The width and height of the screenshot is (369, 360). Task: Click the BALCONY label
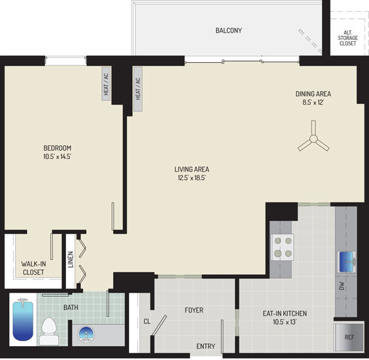(x=228, y=31)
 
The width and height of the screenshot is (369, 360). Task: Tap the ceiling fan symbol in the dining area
(x=313, y=139)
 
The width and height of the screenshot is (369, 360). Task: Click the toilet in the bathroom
(x=49, y=331)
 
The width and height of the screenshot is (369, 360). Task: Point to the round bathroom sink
(x=86, y=334)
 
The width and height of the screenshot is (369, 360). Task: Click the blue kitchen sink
(x=346, y=262)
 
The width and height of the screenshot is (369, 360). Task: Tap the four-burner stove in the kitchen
(x=282, y=247)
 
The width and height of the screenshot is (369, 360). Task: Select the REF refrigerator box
(x=349, y=337)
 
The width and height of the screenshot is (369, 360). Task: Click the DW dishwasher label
(x=342, y=286)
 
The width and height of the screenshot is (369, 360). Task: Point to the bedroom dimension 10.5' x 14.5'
(x=57, y=156)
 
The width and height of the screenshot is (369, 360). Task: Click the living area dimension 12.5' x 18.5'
(x=192, y=178)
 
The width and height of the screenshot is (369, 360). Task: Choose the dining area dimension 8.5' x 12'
(x=313, y=102)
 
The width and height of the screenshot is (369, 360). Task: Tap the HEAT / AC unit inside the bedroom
(x=106, y=84)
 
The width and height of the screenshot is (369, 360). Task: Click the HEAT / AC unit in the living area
(x=138, y=89)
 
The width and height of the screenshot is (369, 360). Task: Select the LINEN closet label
(x=71, y=259)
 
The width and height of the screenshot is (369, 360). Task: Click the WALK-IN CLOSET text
(x=33, y=268)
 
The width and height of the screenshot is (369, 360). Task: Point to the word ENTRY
(x=206, y=346)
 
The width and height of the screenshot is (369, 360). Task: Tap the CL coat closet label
(x=147, y=321)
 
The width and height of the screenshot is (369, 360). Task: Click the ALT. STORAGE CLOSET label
(x=348, y=38)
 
